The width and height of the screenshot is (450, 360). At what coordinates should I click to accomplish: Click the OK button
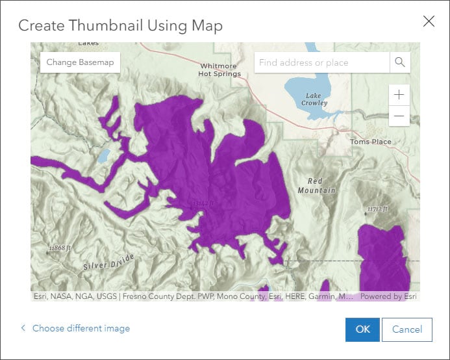362,329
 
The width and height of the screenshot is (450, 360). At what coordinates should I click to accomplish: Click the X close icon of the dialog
429,21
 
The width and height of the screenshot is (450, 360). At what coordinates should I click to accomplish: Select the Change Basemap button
80,62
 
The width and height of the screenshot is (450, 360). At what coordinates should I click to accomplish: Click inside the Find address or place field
321,62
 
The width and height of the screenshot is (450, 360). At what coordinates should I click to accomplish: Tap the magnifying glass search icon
399,62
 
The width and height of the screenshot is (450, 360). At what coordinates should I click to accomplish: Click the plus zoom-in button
399,95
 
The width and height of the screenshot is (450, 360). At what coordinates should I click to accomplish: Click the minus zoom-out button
399,116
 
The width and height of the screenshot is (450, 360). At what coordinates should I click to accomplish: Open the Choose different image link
81,328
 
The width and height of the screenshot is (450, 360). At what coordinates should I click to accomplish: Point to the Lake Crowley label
315,99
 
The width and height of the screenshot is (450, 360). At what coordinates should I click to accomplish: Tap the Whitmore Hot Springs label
219,70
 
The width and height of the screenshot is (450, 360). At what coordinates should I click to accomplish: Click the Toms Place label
370,142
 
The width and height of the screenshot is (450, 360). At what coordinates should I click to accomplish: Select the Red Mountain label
316,186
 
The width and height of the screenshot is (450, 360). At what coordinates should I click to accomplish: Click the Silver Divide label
108,261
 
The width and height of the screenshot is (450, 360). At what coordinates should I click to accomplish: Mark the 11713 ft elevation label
378,209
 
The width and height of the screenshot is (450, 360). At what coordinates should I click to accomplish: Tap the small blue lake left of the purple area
104,156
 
